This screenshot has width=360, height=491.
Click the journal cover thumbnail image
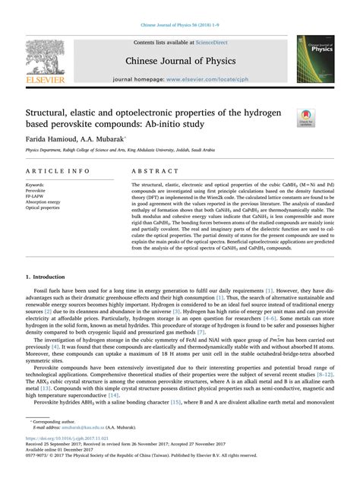(318, 60)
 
